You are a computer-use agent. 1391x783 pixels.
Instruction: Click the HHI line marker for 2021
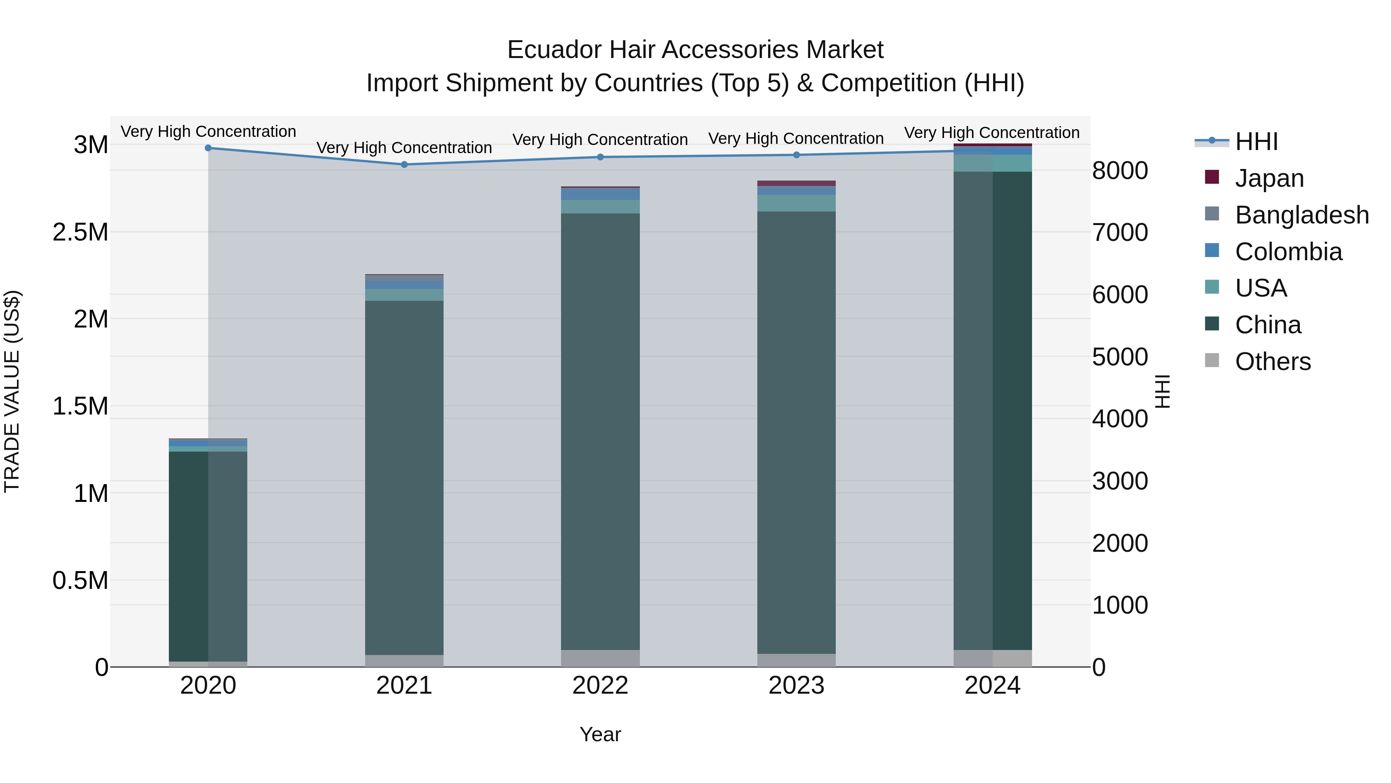(405, 164)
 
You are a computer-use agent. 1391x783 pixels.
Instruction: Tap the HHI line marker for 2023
(796, 155)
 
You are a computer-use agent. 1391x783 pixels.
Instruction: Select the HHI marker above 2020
(208, 148)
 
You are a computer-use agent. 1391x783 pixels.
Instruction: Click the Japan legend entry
(1269, 178)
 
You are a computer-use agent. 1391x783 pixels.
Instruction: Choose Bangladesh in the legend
(1301, 215)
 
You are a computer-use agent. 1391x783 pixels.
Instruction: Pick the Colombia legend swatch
(1212, 251)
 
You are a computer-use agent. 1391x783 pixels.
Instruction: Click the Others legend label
(1273, 362)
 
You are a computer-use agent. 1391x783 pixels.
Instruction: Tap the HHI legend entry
(1256, 142)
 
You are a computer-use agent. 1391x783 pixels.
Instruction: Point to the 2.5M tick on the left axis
(80, 232)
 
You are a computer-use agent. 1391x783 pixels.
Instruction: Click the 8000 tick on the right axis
(1120, 171)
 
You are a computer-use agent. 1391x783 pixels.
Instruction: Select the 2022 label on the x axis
(600, 686)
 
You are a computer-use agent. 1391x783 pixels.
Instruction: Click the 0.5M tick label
(80, 580)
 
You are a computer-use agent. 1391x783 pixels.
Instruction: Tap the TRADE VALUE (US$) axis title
(12, 391)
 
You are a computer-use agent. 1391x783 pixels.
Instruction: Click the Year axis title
(600, 734)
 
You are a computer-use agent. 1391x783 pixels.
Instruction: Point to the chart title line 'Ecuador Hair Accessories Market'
(695, 50)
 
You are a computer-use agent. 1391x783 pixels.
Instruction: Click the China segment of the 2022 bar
(600, 432)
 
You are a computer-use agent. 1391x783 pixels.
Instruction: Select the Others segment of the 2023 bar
(796, 660)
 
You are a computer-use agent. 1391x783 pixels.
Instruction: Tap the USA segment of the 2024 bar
(993, 163)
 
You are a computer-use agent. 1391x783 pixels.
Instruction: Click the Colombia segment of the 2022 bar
(600, 194)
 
